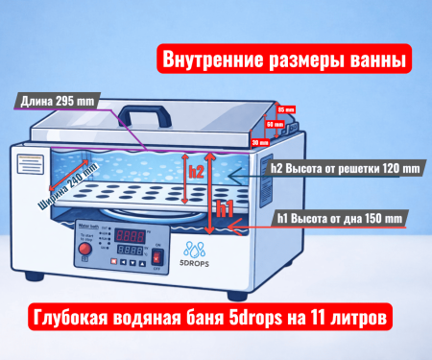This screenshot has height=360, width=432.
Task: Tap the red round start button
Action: (x=84, y=251)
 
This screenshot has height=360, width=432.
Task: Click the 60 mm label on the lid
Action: (x=273, y=124)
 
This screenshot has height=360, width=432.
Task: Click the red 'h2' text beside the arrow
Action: (x=196, y=172)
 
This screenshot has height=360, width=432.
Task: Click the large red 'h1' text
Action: (x=223, y=206)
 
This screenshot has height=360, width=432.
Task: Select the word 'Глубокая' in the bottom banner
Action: (x=78, y=316)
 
